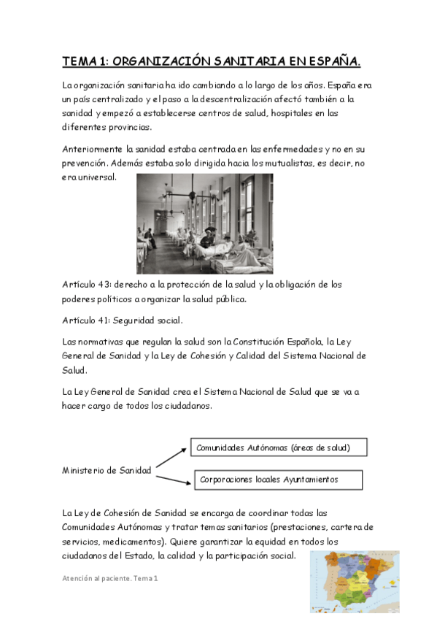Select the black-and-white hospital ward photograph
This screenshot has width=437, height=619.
[x=204, y=223]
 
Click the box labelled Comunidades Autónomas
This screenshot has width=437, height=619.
[x=279, y=447]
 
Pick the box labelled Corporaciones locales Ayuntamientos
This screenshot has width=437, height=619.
[x=279, y=480]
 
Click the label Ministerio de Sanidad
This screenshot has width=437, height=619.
[x=107, y=470]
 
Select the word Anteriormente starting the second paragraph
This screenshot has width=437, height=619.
[x=93, y=150]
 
